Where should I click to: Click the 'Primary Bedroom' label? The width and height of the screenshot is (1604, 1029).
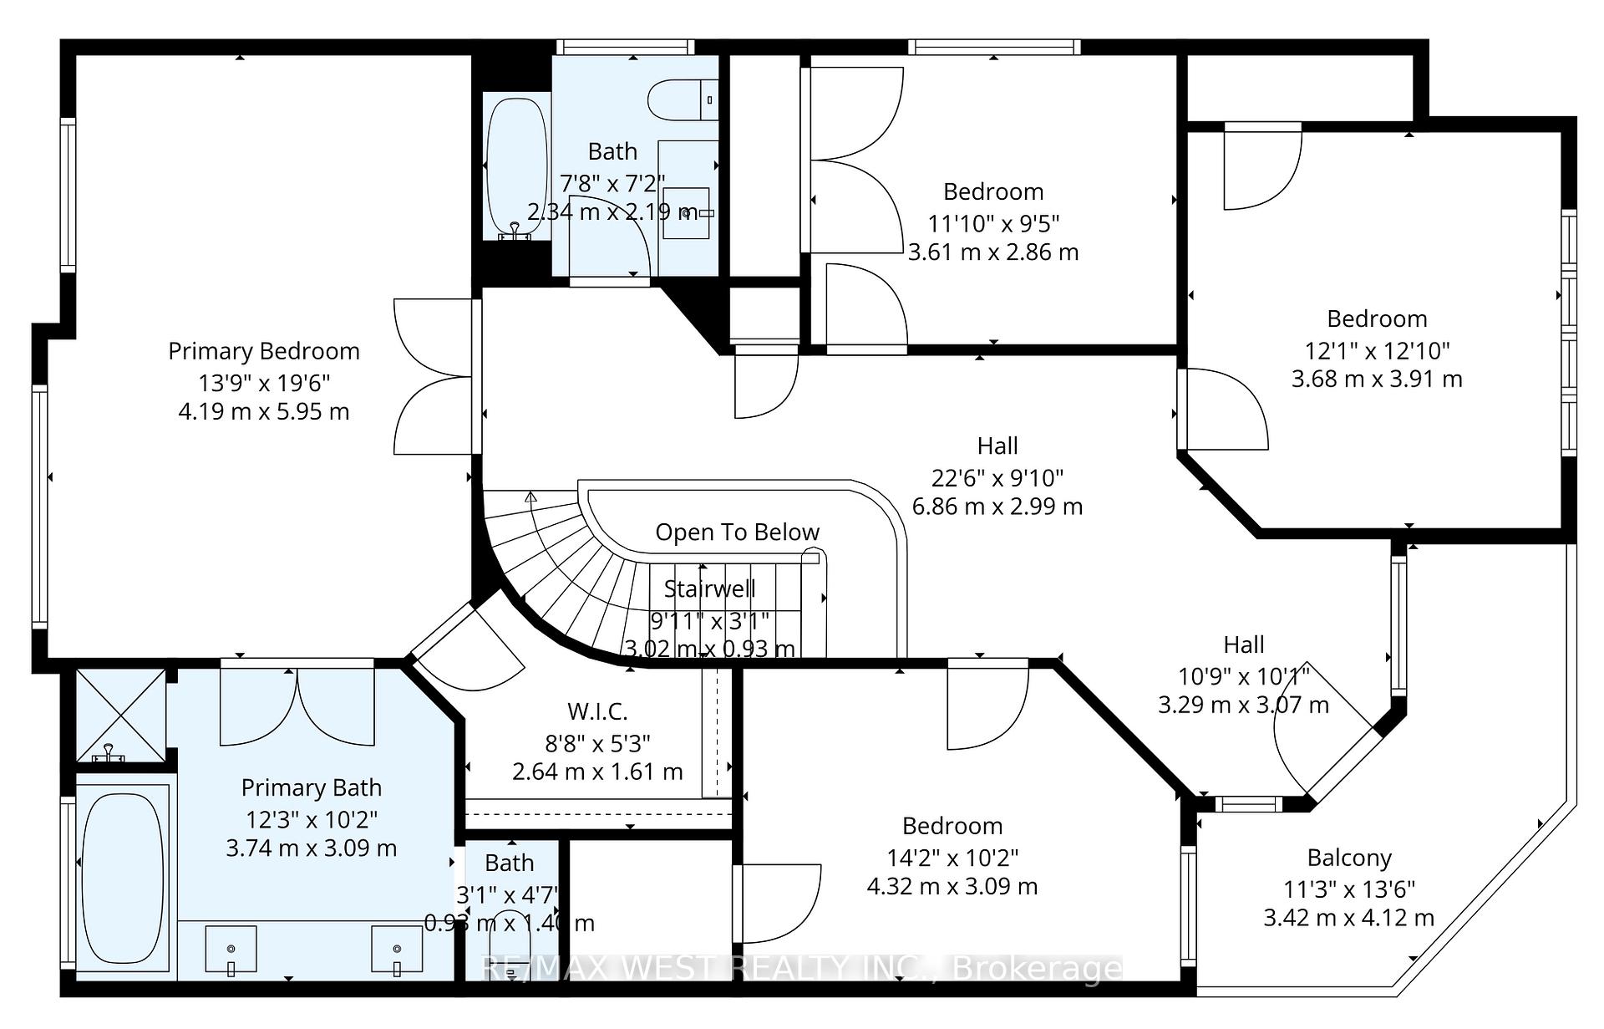click(x=264, y=351)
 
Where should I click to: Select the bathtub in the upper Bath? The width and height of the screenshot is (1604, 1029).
click(x=516, y=167)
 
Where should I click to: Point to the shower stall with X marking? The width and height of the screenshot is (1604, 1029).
click(x=121, y=715)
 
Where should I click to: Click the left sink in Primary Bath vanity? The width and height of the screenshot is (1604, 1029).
click(x=231, y=950)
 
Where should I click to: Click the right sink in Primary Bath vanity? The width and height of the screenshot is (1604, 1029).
click(x=397, y=950)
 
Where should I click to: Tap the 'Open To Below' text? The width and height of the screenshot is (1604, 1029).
click(x=737, y=532)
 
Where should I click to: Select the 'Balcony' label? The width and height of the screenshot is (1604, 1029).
click(x=1349, y=858)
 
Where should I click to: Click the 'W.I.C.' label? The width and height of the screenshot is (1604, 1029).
click(x=597, y=712)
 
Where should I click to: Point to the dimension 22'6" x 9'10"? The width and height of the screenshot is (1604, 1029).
click(x=997, y=478)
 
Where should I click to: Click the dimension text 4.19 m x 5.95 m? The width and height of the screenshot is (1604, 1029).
click(x=264, y=411)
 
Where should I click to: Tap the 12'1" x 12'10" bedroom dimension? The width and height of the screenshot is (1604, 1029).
click(x=1377, y=350)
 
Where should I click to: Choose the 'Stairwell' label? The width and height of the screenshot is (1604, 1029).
click(x=709, y=589)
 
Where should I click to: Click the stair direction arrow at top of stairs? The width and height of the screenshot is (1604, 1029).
click(x=530, y=497)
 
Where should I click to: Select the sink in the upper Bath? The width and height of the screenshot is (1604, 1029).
click(x=687, y=213)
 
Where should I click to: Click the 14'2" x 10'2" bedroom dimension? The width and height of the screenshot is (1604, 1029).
click(x=952, y=858)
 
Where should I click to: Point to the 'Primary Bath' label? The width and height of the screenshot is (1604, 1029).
click(x=311, y=788)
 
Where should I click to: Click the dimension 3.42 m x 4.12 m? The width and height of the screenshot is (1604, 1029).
click(x=1348, y=918)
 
